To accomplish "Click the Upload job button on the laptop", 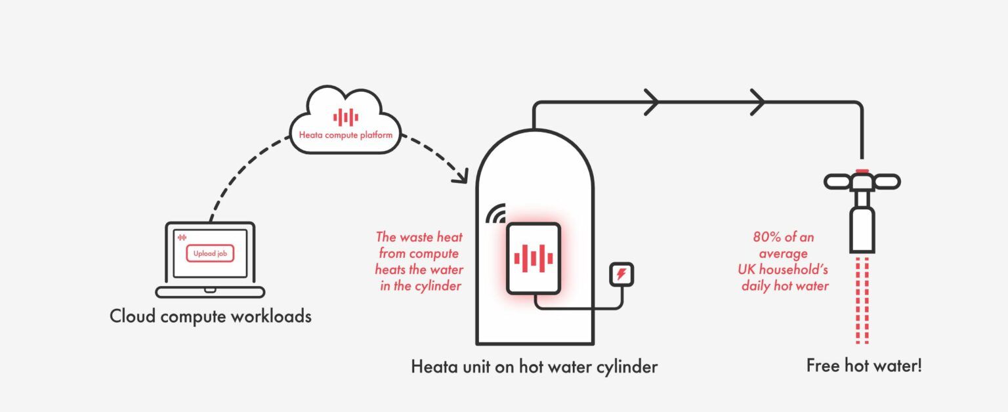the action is [x=210, y=253].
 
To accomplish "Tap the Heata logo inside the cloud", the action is [x=346, y=117].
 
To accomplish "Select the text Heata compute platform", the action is [x=346, y=135].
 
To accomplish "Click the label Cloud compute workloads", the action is [x=211, y=316].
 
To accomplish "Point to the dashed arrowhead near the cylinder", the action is [x=462, y=176].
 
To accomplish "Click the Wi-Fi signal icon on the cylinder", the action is [x=496, y=214].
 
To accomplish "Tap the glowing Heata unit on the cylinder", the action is [x=534, y=258].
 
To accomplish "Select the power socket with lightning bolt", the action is [x=621, y=274].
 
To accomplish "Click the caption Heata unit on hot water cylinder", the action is [x=534, y=367].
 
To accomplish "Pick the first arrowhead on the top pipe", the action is [x=652, y=102].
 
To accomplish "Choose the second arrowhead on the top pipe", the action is [x=758, y=102].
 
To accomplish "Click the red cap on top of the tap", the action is [x=862, y=171].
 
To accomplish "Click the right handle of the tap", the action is [x=887, y=182].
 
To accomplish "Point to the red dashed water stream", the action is [x=862, y=300].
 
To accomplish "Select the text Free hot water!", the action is [x=864, y=365].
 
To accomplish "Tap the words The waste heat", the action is [x=419, y=237].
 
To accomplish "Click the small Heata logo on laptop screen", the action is [x=182, y=237].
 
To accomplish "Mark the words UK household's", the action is [x=783, y=270].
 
